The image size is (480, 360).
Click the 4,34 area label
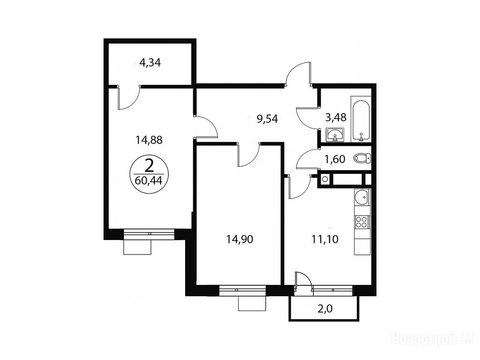pyautogui.click(x=150, y=63)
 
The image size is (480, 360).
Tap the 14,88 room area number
pyautogui.click(x=149, y=140)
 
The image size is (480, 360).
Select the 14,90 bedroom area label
pyautogui.click(x=240, y=239)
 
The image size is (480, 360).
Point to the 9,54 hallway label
pyautogui.click(x=267, y=119)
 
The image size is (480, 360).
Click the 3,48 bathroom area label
pyautogui.click(x=336, y=117)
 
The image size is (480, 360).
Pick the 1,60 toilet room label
pyautogui.click(x=335, y=159)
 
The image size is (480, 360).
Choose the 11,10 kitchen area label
pyautogui.click(x=325, y=239)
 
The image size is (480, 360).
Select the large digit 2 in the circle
pyautogui.click(x=149, y=167)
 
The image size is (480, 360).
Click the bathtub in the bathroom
pyautogui.click(x=361, y=120)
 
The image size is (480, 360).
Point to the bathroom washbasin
pyautogui.click(x=335, y=135)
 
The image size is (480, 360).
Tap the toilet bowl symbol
pyautogui.click(x=362, y=158)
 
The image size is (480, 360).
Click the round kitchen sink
pyautogui.click(x=362, y=197)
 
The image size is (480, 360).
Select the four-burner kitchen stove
pyautogui.click(x=362, y=222)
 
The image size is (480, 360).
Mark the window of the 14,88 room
pyautogui.click(x=150, y=233)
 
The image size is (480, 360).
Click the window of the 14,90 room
pyautogui.click(x=243, y=291)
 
